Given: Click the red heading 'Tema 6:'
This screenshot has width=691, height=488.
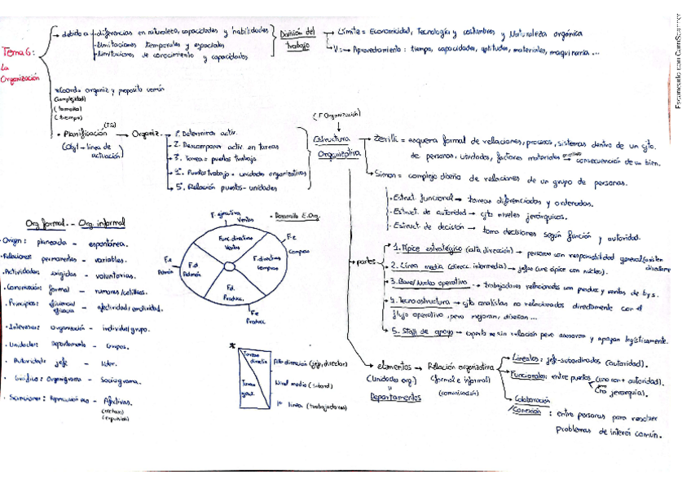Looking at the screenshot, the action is [x=17, y=51].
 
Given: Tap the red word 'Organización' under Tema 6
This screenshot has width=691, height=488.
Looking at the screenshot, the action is [x=21, y=79].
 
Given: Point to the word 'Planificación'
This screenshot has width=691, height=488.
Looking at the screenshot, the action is [x=85, y=133].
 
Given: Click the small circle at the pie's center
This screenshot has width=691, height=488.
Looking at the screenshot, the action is [x=229, y=266].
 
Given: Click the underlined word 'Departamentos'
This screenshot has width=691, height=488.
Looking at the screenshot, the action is [x=394, y=397].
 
